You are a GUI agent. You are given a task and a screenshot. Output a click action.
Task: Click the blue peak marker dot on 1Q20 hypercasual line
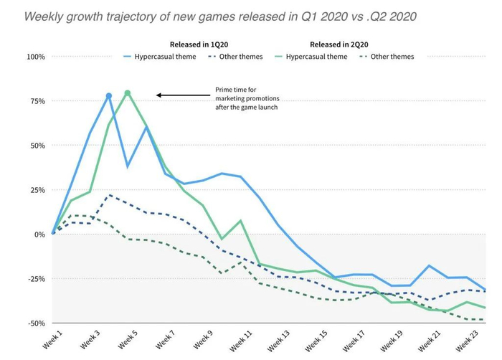[x=109, y=95]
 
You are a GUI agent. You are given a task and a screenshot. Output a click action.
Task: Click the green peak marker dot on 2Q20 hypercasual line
[x=128, y=93]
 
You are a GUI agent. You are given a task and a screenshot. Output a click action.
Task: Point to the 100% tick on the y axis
[x=35, y=57]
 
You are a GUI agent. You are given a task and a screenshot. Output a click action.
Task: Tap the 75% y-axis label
[x=37, y=101]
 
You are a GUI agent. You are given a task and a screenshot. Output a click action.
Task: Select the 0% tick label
[x=39, y=235]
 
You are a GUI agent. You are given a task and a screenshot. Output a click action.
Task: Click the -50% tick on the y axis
[x=36, y=323]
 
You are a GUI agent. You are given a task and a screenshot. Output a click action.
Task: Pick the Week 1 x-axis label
[x=52, y=340]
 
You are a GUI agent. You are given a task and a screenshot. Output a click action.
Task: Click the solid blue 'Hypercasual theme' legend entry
[x=160, y=57]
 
